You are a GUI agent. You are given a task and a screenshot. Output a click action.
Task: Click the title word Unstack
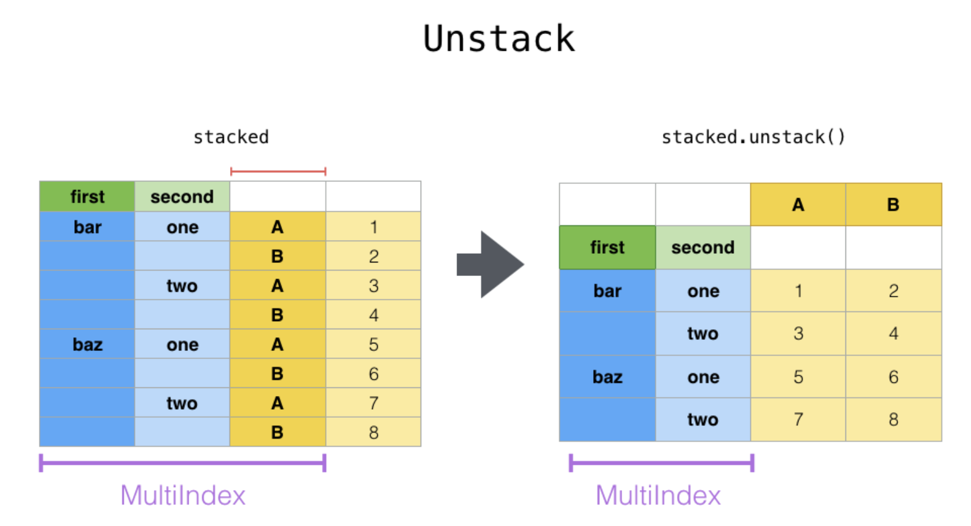coord(499,38)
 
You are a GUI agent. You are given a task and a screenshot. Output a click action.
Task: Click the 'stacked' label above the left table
coord(231,137)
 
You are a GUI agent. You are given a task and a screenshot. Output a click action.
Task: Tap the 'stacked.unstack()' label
coord(753,137)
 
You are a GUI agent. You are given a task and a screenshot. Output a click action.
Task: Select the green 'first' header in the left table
coord(87,196)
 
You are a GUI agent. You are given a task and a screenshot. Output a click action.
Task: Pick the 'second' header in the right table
coord(703,247)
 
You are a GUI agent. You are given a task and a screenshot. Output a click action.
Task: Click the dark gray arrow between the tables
coord(490,264)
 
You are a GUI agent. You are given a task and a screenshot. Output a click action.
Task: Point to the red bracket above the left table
coord(278,171)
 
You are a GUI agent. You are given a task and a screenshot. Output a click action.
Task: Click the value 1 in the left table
coord(374,226)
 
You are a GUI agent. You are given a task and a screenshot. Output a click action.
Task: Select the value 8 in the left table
coord(374,433)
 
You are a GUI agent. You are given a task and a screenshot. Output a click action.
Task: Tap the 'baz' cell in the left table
coord(87,344)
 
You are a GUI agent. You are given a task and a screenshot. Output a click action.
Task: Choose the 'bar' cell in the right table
coord(607,290)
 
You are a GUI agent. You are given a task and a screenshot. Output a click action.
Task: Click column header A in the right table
coord(798,204)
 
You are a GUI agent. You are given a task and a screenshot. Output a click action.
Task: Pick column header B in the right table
coord(894,204)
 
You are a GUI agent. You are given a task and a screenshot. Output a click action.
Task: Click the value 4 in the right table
coord(894,333)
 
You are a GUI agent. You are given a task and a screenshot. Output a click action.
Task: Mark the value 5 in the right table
coord(798,376)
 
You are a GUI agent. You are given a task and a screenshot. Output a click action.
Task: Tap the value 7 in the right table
coord(798,420)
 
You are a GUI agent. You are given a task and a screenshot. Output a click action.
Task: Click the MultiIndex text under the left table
coord(183,495)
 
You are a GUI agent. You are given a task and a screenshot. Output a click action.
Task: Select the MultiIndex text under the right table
coord(658,495)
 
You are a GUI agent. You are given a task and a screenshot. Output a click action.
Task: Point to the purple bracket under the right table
coord(662,463)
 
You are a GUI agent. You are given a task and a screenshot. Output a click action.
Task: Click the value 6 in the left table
coord(374,373)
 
